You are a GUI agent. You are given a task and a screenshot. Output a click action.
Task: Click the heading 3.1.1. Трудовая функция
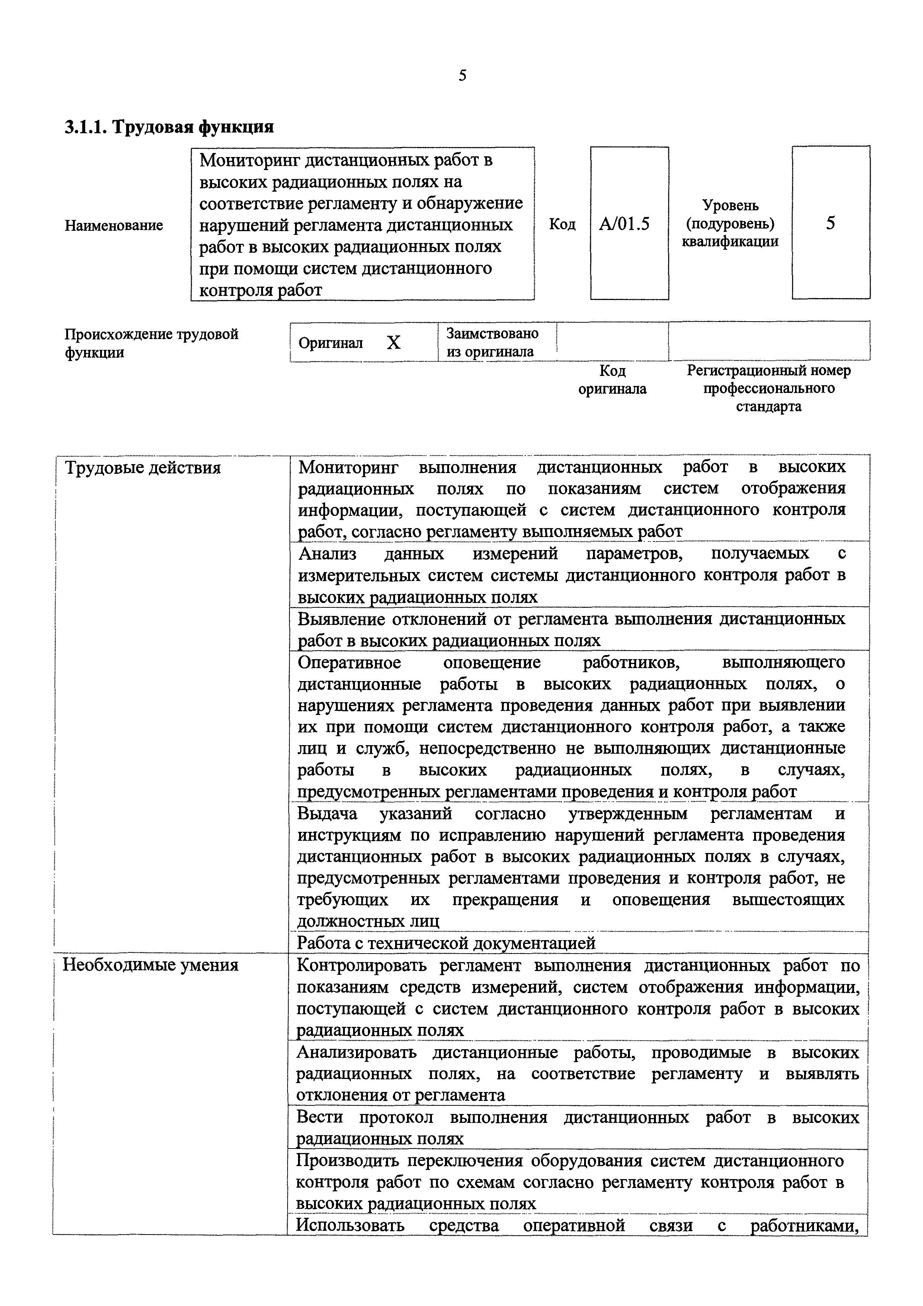169,126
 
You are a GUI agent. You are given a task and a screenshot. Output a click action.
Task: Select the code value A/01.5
624,224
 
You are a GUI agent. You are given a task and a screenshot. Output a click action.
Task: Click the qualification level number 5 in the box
830,223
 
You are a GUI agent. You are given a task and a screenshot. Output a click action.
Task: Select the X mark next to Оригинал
394,342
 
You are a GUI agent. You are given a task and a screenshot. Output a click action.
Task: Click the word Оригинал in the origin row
330,343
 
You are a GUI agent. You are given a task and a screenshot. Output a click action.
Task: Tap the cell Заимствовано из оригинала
493,342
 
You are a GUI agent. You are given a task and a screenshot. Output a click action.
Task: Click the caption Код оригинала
612,380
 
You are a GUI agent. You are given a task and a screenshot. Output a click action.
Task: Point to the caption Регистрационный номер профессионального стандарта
769,389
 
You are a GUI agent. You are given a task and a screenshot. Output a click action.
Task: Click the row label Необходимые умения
150,965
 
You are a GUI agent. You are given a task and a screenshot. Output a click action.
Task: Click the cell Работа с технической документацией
446,943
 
